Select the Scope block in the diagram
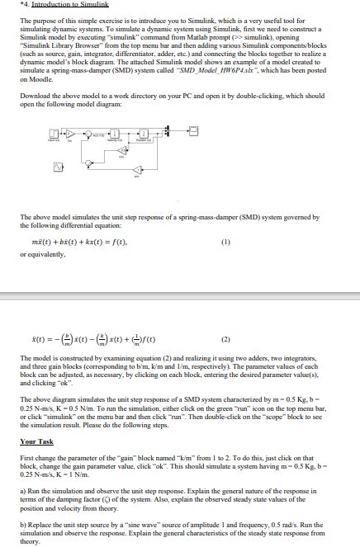[x=193, y=130]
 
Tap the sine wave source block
[x=57, y=167]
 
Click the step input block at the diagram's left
[x=54, y=133]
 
